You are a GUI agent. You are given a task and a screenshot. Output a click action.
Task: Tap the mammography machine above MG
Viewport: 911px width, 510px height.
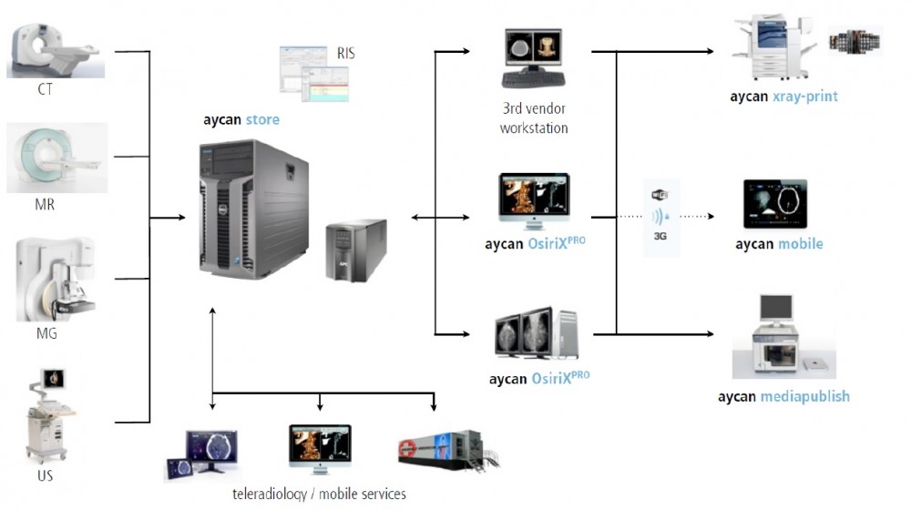(x=56, y=278)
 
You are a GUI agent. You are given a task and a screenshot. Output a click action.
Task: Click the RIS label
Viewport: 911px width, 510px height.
(x=345, y=54)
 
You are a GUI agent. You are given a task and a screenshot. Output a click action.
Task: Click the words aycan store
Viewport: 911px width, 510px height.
(x=241, y=119)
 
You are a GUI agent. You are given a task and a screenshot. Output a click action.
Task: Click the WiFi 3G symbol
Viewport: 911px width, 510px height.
(x=660, y=218)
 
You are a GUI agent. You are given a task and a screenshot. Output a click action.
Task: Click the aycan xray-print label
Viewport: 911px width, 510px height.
(x=783, y=96)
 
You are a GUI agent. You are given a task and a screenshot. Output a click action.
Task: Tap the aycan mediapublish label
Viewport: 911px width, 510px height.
(x=783, y=396)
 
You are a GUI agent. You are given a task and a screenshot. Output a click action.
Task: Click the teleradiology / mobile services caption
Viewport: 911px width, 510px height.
(x=319, y=494)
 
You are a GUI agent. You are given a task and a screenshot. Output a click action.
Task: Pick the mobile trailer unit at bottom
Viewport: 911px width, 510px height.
(x=446, y=451)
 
